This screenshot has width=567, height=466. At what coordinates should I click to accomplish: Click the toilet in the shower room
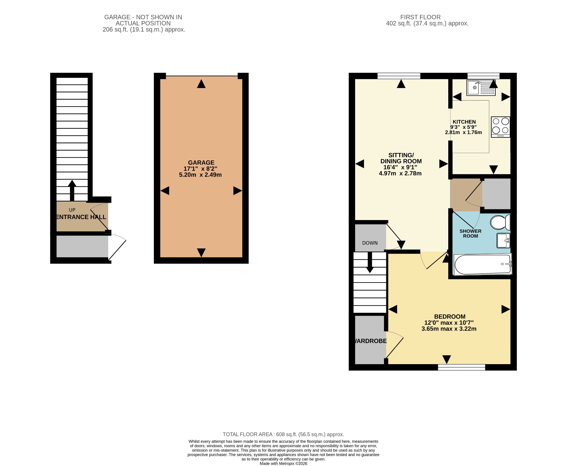click(500, 222)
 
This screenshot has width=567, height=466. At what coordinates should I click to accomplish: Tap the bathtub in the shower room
click(483, 264)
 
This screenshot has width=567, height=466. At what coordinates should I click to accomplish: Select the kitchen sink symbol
click(481, 87)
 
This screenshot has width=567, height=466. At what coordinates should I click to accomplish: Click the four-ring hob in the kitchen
click(501, 127)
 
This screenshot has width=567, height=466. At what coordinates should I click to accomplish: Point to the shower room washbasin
click(503, 240)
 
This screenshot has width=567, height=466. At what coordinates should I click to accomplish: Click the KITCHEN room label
click(464, 122)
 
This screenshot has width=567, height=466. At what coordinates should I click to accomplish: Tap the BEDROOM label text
click(450, 317)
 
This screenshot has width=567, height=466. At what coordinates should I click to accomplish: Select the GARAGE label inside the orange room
click(201, 163)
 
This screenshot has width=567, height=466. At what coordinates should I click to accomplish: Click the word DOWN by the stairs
click(370, 243)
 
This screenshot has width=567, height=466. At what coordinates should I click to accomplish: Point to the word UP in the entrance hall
click(72, 210)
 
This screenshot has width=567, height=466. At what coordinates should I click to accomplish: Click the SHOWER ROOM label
click(470, 234)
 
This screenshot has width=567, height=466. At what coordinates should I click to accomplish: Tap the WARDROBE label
click(370, 341)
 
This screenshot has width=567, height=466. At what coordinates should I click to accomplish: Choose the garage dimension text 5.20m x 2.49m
click(200, 175)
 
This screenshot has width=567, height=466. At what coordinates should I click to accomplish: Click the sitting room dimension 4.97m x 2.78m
click(400, 174)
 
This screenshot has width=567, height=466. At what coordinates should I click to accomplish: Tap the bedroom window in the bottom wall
click(462, 367)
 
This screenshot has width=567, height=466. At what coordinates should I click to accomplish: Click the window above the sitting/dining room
click(399, 76)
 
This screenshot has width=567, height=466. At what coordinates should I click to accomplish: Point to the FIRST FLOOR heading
click(420, 17)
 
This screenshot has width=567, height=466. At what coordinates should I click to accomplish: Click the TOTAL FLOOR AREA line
click(283, 434)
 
